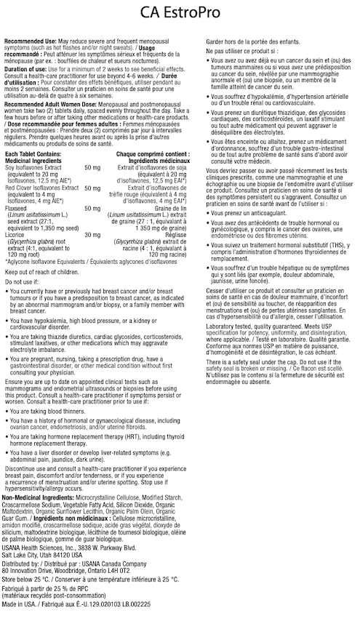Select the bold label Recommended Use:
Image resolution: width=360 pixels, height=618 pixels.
pyautogui.click(x=30, y=44)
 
